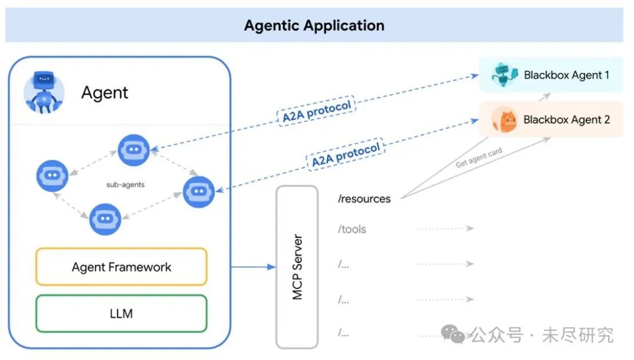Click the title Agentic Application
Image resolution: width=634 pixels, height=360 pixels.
pos(314,25)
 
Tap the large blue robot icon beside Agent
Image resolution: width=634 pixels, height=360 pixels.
pos(44,92)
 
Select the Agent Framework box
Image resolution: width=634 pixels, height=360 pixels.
pos(122,267)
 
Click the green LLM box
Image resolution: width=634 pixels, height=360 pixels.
pos(122,314)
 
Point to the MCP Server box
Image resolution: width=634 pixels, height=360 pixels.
pos(297,267)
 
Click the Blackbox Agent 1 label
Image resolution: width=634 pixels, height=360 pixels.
pos(566,75)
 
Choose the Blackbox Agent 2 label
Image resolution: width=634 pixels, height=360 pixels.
pos(566,120)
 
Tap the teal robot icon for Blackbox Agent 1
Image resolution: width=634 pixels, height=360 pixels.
pos(504,75)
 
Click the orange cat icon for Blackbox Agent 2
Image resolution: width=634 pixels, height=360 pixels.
pos(505,120)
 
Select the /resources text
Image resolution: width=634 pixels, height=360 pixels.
pos(365,199)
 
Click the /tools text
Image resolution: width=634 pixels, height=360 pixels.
pos(352,230)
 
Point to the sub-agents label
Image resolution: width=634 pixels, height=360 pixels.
pos(126,184)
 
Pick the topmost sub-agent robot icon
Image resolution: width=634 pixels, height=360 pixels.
pos(134,150)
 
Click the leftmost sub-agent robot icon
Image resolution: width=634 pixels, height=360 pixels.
pos(52,176)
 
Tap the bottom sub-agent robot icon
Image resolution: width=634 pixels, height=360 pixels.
pos(105,219)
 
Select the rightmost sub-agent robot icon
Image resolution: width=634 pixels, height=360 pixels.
pos(198,191)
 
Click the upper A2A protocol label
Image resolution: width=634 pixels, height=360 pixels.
pos(316,111)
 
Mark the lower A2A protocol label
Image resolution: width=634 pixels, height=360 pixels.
pos(346,155)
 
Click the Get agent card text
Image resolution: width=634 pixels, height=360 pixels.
pos(479,157)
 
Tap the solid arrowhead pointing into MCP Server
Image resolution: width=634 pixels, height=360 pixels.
pos(271,267)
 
